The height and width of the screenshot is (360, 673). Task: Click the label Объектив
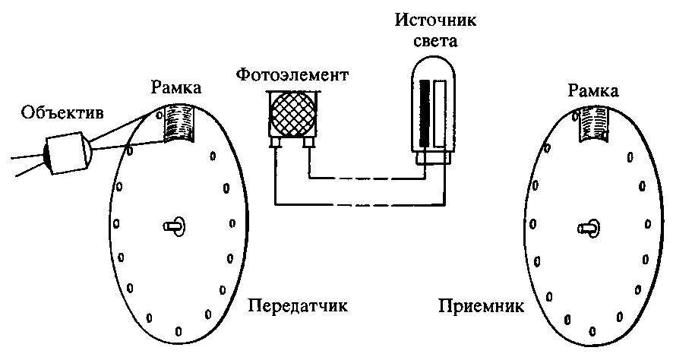point(62,116)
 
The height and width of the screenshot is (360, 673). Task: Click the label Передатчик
point(298,308)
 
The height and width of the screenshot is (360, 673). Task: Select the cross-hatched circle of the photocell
point(292,113)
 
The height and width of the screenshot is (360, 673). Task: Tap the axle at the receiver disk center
point(589,226)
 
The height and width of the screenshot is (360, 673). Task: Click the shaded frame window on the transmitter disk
point(180,124)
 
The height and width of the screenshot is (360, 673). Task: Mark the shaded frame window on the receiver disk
point(595,124)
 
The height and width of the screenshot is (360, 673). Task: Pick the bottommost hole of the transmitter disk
point(178,330)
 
